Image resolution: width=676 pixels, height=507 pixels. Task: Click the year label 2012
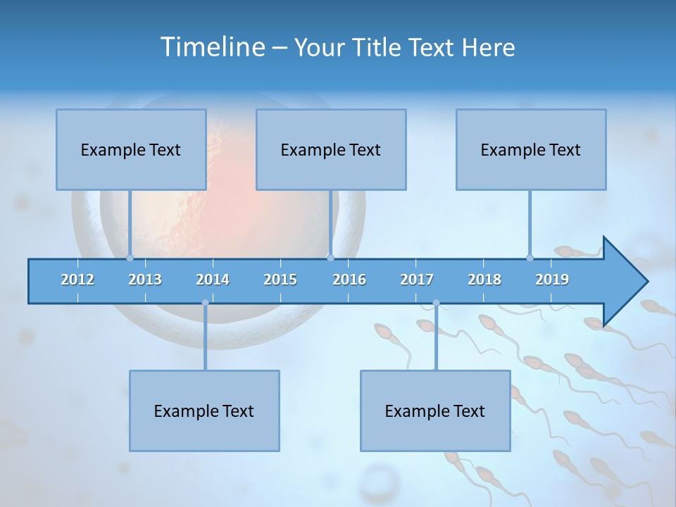tap(77, 280)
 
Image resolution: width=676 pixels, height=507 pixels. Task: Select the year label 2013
tap(145, 280)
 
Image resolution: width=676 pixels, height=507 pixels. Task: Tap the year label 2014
tap(213, 280)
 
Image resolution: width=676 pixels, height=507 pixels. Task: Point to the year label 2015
tap(280, 280)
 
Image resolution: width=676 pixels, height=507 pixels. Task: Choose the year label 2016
tap(349, 280)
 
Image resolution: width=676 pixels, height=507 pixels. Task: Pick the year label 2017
tap(417, 280)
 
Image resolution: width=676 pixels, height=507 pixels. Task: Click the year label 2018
tap(484, 280)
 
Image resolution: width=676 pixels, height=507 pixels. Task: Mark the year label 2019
tap(552, 280)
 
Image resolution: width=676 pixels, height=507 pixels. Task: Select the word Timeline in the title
tap(212, 47)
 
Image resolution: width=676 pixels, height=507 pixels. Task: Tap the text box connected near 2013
tap(131, 149)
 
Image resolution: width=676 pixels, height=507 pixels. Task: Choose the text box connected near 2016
tap(331, 149)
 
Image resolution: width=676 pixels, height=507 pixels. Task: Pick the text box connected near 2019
tap(531, 149)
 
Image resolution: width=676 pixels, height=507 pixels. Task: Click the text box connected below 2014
tap(204, 411)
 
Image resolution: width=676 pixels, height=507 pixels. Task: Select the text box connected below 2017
tap(435, 411)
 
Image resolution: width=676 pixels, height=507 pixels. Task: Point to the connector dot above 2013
tap(130, 258)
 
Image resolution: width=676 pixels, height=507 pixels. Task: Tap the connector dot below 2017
tap(436, 303)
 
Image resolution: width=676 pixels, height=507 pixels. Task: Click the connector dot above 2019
tap(530, 258)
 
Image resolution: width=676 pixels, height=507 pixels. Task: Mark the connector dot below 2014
tap(205, 303)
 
